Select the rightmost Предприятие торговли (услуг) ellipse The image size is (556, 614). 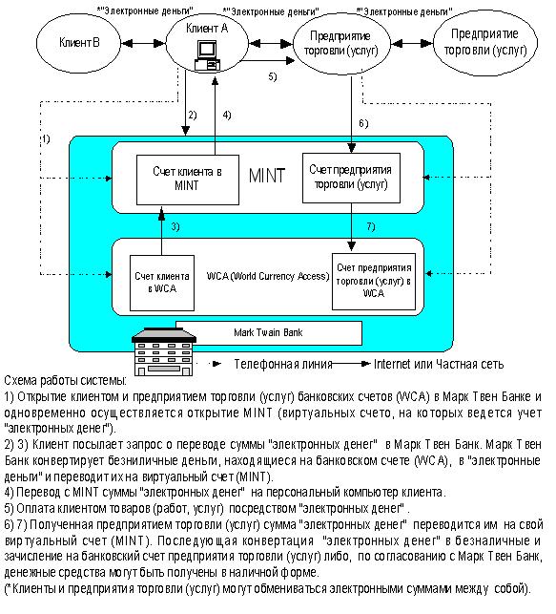[x=485, y=43]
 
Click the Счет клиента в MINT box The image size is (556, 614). [x=188, y=180]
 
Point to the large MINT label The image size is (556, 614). [x=267, y=176]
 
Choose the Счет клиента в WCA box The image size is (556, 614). [x=162, y=283]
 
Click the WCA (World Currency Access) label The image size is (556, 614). [x=268, y=277]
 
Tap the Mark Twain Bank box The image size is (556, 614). [x=269, y=333]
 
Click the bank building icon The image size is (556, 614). [x=164, y=351]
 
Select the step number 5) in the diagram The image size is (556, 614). [x=273, y=76]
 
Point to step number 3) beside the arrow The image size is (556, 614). [x=175, y=226]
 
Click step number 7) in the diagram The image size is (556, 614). [x=371, y=226]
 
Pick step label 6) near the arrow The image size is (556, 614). [x=363, y=124]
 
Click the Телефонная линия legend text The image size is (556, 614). [x=283, y=364]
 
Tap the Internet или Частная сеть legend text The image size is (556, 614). [x=439, y=364]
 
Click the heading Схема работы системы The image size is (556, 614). [x=65, y=380]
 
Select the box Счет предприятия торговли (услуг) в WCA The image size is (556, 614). [x=374, y=282]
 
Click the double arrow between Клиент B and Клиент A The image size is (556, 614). [x=143, y=43]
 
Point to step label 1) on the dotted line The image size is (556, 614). [x=46, y=139]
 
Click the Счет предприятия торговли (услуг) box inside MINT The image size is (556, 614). [x=352, y=178]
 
